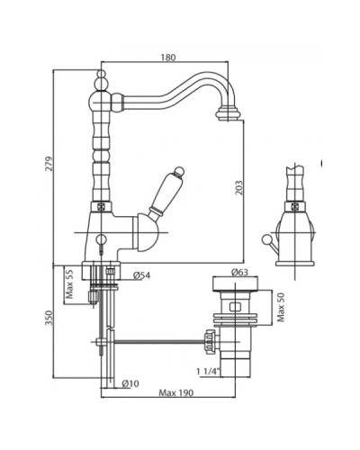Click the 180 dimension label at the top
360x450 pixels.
tap(168, 58)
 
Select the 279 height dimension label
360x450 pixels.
tap(49, 164)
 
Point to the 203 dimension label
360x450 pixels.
tap(238, 187)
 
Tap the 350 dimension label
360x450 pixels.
tap(49, 318)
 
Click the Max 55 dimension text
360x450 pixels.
tap(69, 284)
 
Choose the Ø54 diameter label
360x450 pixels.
tap(141, 275)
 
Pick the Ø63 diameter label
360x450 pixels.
tap(239, 272)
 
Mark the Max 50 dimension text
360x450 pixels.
tap(281, 307)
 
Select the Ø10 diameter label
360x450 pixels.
tap(130, 383)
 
